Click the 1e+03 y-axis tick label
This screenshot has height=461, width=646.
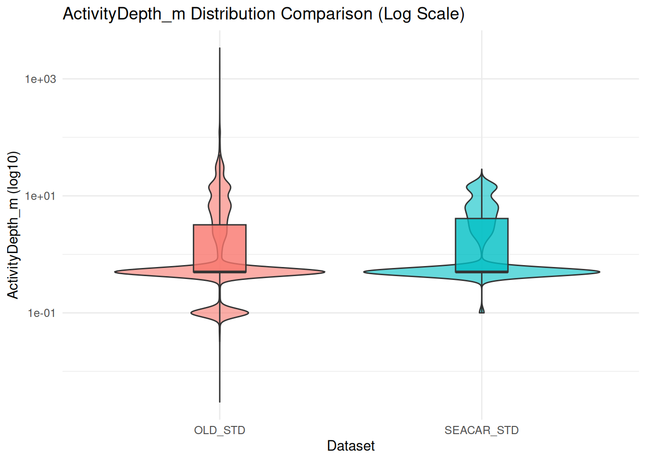[40, 79]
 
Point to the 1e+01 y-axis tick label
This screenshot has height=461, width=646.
[40, 196]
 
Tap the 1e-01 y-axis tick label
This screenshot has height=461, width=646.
[41, 313]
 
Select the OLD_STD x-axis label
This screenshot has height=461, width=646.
[220, 430]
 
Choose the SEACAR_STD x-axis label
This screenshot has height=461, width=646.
[482, 430]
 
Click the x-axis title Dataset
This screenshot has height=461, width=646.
[351, 446]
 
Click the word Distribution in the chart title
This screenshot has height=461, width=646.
[234, 14]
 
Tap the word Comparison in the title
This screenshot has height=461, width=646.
[327, 14]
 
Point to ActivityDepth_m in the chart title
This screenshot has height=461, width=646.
[124, 14]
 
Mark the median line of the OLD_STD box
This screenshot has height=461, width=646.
[220, 272]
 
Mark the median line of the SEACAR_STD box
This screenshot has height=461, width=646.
[482, 272]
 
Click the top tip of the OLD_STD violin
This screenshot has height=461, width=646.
[220, 48]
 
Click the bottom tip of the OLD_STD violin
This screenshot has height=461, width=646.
[220, 401]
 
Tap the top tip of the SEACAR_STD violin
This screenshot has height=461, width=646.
[482, 170]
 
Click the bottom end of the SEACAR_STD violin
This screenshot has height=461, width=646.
[482, 312]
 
